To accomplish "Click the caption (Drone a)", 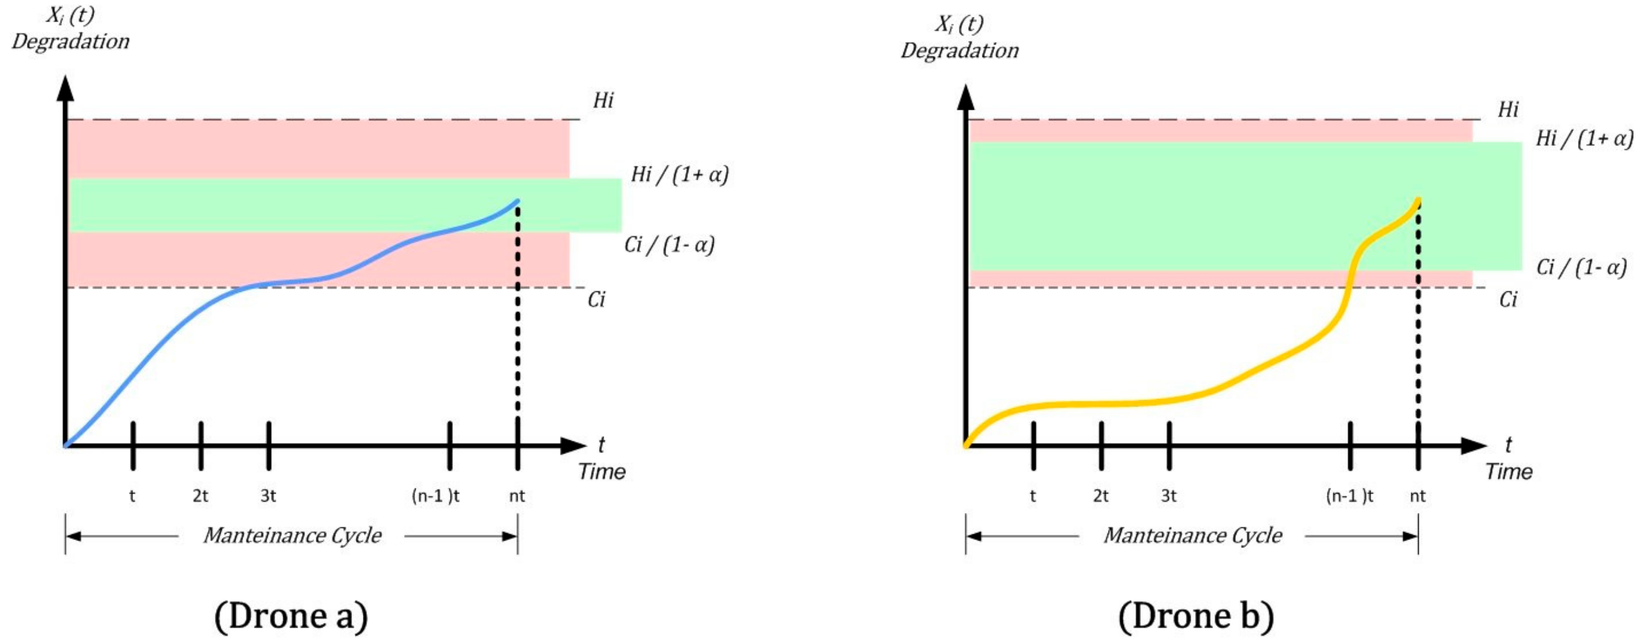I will (x=291, y=616).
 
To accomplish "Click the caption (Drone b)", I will (x=1196, y=616).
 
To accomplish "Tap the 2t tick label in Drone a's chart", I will (x=201, y=496).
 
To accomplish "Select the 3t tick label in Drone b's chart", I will (x=1168, y=496).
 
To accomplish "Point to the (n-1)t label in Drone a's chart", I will (x=436, y=496).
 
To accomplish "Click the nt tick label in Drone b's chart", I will (x=1417, y=496).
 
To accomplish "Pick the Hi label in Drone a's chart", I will (x=603, y=101).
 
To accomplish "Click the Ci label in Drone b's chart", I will (x=1508, y=299).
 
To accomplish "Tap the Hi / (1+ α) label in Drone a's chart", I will (x=679, y=174).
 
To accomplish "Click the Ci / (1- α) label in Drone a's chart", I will (x=669, y=244).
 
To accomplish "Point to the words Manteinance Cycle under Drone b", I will (x=1193, y=535).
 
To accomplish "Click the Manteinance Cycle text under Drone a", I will (x=292, y=535).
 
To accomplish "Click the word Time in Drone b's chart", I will (x=1509, y=472).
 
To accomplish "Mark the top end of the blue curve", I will (x=517, y=202).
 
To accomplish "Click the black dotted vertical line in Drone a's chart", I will (x=517, y=318).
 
